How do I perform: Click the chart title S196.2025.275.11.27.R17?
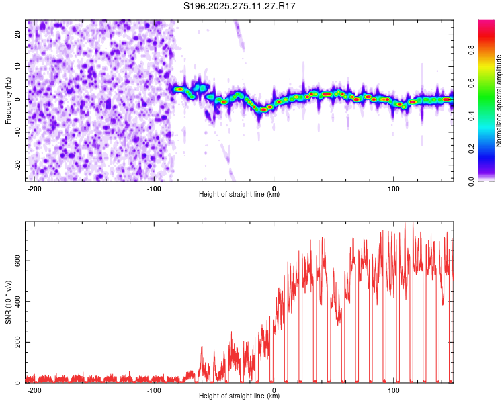click(240, 6)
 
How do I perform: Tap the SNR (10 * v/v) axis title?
click(9, 302)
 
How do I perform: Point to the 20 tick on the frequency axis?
click(18, 33)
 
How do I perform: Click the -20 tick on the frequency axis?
click(17, 165)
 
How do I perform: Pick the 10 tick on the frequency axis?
click(18, 66)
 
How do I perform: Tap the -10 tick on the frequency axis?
click(17, 132)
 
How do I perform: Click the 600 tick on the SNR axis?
click(16, 260)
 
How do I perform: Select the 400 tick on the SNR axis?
click(16, 301)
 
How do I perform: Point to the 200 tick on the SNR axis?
click(16, 342)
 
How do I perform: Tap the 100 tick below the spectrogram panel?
click(393, 187)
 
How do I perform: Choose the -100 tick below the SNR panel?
click(153, 389)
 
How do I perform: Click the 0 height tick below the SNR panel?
click(274, 389)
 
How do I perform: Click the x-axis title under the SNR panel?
click(239, 396)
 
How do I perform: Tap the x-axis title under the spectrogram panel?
click(239, 195)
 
